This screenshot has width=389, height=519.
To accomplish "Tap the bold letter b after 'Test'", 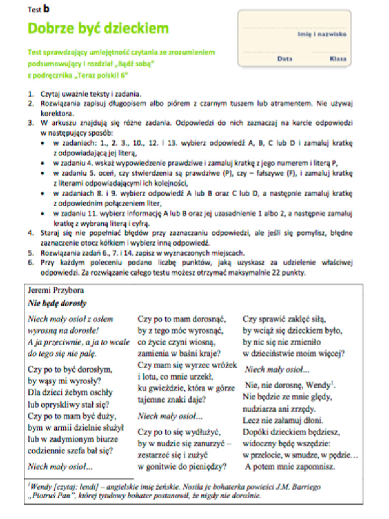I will point(47,8).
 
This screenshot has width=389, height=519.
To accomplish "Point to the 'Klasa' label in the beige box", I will point(337,59).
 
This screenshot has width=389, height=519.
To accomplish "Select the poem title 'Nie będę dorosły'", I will point(57,304).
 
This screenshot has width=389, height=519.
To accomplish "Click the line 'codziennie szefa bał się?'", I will point(70,450).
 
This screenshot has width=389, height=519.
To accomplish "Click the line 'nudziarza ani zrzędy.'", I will point(279,409).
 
